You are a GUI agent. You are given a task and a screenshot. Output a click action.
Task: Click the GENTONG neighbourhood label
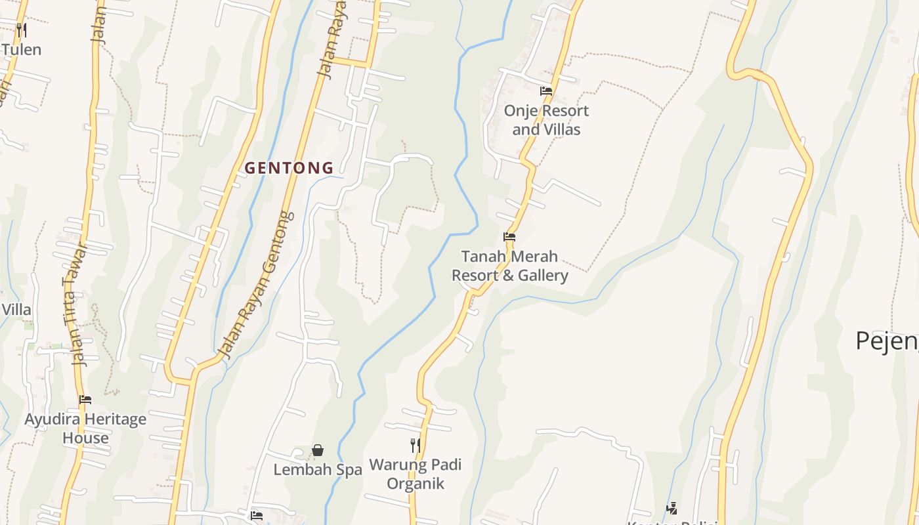pos(289,168)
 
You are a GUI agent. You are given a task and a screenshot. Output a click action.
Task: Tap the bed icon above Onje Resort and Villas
pos(545,91)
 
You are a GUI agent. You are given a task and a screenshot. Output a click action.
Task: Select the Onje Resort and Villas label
pos(546,120)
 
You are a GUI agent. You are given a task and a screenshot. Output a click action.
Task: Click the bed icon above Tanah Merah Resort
pos(509,237)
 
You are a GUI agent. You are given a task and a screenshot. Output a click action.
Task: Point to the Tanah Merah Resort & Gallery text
pos(509,266)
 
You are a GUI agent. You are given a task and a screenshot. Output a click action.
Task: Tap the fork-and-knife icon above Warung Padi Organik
pos(415,446)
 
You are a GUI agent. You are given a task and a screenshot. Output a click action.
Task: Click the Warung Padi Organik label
pos(416,474)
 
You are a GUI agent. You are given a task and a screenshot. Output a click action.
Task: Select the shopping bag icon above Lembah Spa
pos(318,450)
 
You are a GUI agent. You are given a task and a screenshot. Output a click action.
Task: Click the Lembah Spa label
pos(318,470)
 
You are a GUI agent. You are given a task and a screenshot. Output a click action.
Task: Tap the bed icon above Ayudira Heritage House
pos(85,399)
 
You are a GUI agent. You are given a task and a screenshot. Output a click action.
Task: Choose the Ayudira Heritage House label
pos(85,428)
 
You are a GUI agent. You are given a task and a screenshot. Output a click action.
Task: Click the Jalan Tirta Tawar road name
pos(76,305)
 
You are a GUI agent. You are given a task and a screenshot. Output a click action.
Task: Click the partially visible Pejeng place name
pos(886,341)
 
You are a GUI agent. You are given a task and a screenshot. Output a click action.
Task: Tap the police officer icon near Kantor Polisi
pos(672,508)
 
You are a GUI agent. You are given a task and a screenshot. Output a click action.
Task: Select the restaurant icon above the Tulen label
pos(21,30)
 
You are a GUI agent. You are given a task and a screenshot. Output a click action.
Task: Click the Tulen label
pos(21,50)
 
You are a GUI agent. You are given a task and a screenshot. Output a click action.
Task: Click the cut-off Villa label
pos(16,310)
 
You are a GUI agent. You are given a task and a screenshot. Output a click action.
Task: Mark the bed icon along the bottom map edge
pos(257,516)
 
